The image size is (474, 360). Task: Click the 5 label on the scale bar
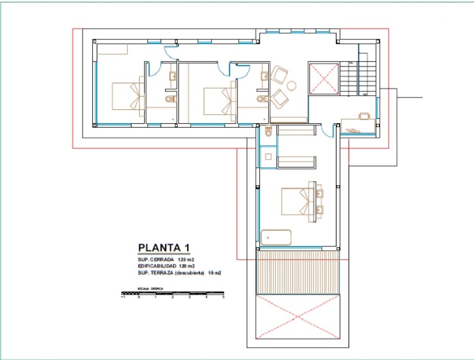tap(224, 297)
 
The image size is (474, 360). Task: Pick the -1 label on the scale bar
tap(123, 297)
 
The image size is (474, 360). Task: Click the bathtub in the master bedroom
tap(276, 237)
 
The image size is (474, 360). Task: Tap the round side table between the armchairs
tap(292, 85)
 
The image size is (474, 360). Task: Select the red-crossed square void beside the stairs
tap(324, 78)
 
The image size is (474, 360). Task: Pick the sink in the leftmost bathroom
tap(172, 76)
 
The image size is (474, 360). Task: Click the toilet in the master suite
tap(268, 132)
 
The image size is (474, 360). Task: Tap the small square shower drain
tap(269, 157)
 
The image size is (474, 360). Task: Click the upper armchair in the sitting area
tap(279, 75)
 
